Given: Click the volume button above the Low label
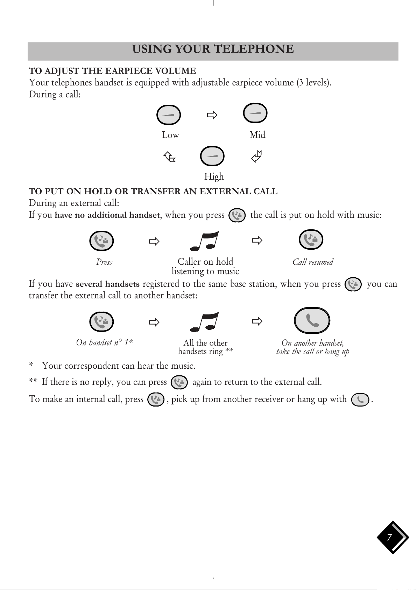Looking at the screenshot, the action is [169, 115].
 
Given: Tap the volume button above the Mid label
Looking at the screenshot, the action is [255, 113].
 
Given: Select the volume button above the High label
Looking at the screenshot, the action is [212, 156].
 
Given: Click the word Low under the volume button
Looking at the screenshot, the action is [170, 135].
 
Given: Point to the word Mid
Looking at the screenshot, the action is [257, 135].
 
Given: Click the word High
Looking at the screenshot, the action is [214, 176].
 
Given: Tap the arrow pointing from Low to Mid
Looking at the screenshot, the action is [212, 115].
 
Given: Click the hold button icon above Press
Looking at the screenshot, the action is [101, 241].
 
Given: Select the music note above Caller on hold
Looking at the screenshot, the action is [204, 241].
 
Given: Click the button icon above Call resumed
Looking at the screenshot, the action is [311, 240].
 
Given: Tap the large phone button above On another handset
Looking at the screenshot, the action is [312, 320].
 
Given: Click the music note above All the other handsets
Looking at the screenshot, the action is [204, 322].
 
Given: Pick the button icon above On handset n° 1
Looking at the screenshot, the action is [101, 321].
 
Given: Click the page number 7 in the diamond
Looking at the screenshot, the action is [389, 537].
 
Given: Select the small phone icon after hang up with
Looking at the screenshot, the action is [360, 400].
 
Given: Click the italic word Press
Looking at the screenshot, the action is [104, 262].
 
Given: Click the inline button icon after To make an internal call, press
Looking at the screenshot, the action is [156, 399].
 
